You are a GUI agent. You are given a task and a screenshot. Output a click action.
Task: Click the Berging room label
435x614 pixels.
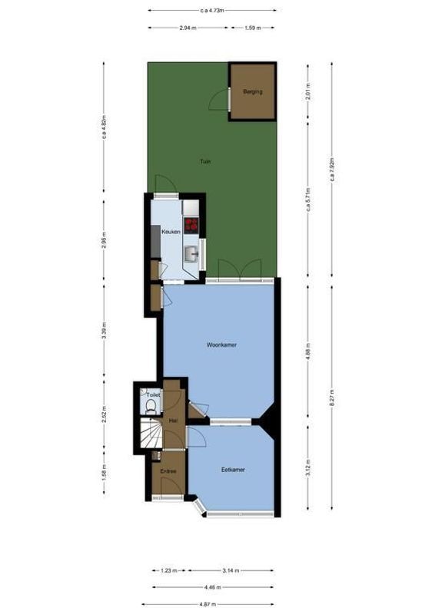coord(252,92)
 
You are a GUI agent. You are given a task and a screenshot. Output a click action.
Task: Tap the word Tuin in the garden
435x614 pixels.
coord(205,162)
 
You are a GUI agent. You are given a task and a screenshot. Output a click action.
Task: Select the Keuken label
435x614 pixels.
coord(171,231)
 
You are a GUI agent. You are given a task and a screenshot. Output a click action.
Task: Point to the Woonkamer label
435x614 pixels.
coord(221,345)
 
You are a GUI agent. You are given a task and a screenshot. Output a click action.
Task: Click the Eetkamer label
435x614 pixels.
coord(233,469)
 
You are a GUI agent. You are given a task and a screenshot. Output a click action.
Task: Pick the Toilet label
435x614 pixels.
coord(153,395)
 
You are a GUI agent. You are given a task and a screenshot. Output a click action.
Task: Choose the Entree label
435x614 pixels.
coord(168,471)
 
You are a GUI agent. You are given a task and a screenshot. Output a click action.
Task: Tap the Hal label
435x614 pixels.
coord(173,420)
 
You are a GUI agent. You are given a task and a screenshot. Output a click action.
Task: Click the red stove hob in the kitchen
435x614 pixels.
coord(191,225)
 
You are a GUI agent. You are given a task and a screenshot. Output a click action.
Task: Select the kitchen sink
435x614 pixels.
coord(192,252)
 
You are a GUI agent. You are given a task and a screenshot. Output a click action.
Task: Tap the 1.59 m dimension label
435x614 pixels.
coord(252,28)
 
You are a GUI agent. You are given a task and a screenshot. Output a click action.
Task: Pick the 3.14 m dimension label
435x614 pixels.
coord(231,571)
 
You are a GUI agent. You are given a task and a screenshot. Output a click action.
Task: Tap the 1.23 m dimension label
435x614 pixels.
coord(169,571)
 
